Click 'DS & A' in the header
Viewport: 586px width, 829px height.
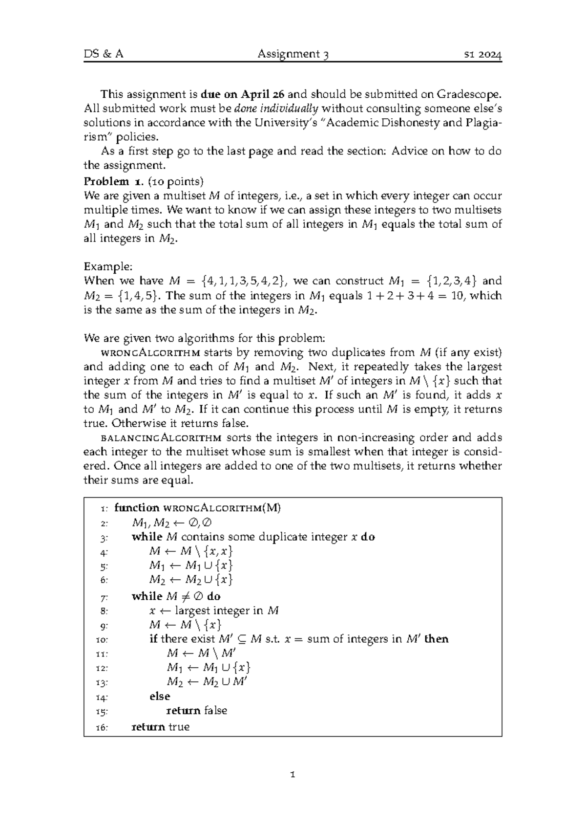tap(103, 54)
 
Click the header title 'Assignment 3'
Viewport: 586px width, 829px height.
tap(293, 54)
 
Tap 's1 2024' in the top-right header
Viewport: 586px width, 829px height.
tap(482, 54)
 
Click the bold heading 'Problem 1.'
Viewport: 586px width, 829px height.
tap(113, 181)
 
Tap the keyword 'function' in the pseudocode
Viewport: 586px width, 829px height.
tap(137, 508)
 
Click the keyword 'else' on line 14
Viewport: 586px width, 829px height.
tap(160, 696)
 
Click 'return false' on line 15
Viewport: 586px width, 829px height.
tap(197, 710)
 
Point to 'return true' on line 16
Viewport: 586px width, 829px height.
tap(161, 727)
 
